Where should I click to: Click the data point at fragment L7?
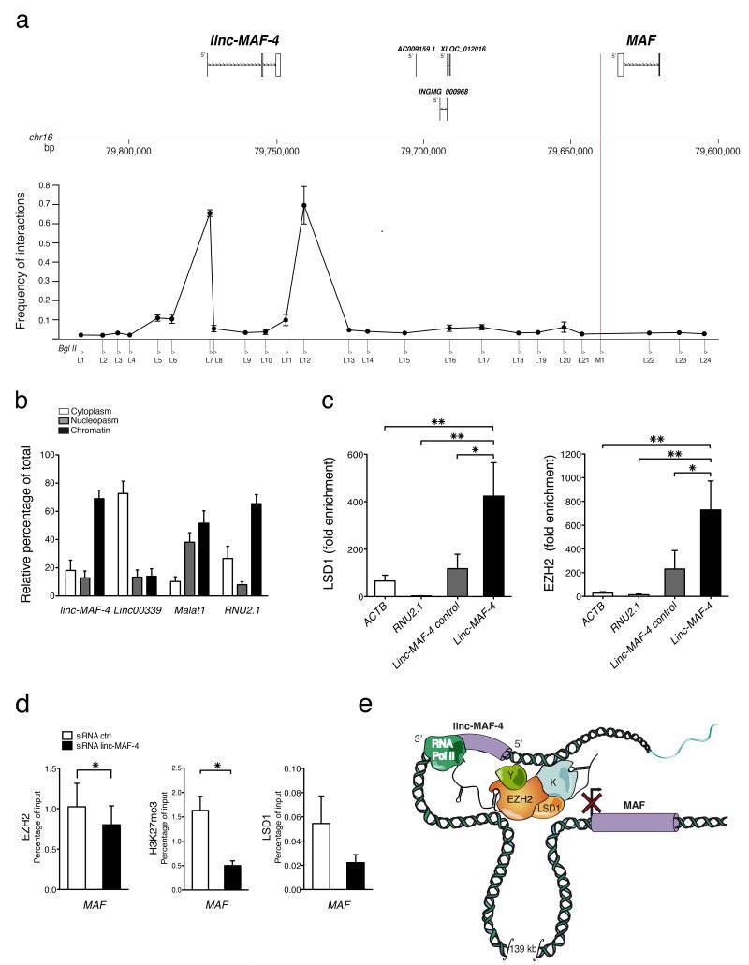click(210, 213)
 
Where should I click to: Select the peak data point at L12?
click(303, 205)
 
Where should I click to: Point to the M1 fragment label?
click(600, 359)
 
